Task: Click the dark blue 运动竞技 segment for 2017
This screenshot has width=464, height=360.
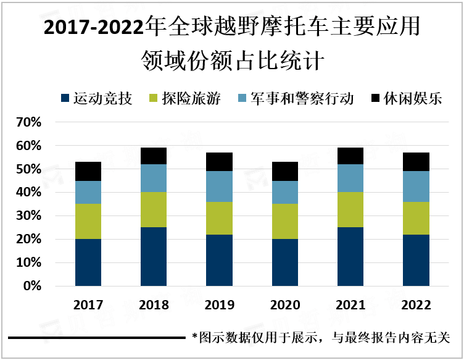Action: coord(88,262)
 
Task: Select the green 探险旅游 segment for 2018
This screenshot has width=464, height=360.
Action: coord(154,210)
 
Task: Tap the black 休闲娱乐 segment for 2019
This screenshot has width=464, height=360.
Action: coord(220,162)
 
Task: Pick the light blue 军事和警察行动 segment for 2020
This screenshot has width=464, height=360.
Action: coord(285,192)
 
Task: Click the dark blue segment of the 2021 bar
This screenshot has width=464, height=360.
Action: coord(351,256)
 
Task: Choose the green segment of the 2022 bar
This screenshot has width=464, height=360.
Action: coord(416,219)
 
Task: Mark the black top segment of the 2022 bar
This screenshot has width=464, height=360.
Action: coord(416,162)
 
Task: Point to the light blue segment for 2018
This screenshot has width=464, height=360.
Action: coord(154,178)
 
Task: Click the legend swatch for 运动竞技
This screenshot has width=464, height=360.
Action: coord(65,98)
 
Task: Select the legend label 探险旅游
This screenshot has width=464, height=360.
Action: coord(191,98)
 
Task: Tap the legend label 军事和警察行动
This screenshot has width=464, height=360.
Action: coord(302,98)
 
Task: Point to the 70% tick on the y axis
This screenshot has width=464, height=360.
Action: coord(28,122)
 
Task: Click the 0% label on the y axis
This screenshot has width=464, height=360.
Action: coord(32,286)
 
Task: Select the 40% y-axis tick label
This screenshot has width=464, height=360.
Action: coord(28,193)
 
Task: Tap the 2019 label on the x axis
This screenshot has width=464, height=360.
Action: coord(220,305)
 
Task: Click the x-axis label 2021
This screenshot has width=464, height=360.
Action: coord(351,305)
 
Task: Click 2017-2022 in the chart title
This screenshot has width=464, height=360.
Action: coord(92,28)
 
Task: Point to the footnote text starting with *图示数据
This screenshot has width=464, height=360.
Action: coord(321,338)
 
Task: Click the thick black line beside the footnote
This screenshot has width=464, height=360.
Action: coord(96,338)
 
